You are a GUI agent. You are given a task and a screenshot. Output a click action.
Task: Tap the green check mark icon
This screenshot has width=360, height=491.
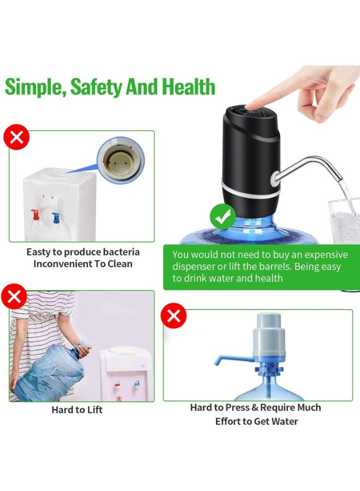(223, 216)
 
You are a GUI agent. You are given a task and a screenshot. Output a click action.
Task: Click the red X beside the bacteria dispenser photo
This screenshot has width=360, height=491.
(16, 137)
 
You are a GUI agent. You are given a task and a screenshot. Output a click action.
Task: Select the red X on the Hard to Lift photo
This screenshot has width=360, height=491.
(14, 296)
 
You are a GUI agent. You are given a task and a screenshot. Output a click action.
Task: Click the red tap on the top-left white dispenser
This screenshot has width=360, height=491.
(35, 214)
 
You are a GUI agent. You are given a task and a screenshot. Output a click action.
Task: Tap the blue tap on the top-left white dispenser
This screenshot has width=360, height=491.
(56, 217)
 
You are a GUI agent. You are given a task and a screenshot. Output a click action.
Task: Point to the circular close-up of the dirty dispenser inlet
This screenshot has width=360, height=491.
(121, 160)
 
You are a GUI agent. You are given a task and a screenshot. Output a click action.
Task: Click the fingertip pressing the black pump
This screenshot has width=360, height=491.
(249, 106)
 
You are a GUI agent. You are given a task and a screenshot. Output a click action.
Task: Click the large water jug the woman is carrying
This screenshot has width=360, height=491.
(50, 372)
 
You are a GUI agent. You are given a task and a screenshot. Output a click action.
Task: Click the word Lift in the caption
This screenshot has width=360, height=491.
(95, 410)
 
